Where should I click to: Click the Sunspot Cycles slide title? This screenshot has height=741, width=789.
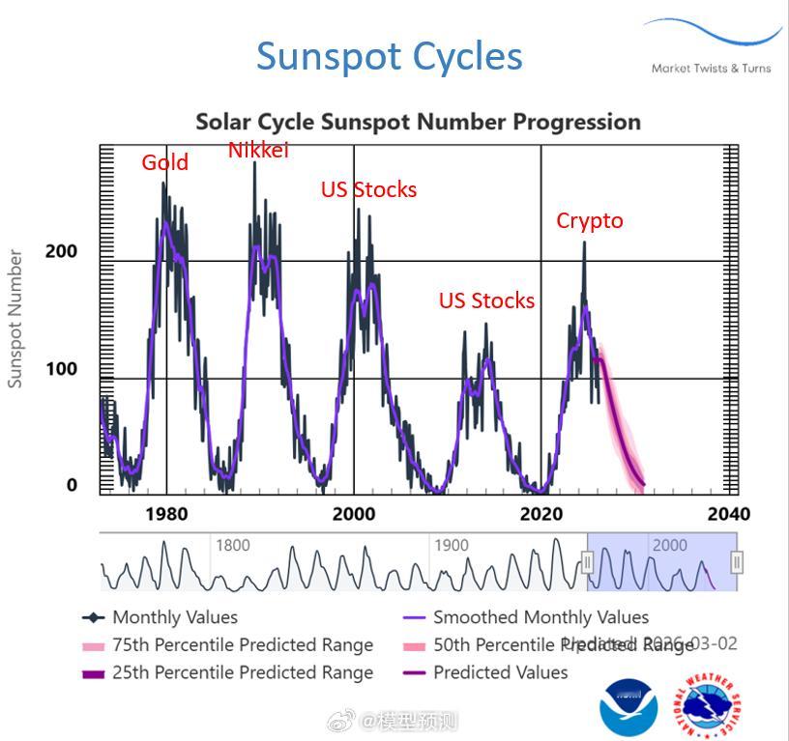(389, 56)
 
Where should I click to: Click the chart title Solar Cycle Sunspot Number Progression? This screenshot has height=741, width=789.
(418, 122)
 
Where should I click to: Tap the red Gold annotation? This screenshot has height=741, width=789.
(164, 162)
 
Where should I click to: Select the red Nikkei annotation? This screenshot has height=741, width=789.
(258, 150)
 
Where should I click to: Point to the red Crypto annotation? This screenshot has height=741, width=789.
(589, 220)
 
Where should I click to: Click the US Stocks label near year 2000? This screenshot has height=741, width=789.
(368, 189)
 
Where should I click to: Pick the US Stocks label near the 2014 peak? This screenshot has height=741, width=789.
(486, 300)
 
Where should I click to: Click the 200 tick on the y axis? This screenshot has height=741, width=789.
(61, 251)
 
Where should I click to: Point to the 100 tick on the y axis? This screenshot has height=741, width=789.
(61, 369)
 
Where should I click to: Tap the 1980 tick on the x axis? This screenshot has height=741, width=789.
(166, 514)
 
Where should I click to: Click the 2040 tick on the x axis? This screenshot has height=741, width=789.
(728, 514)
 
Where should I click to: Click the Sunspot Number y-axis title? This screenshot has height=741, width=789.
(15, 319)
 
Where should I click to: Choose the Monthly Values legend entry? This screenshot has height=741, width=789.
(174, 617)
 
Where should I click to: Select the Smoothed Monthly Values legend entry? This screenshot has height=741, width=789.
(541, 617)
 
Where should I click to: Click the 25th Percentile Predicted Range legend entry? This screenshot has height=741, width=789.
(242, 672)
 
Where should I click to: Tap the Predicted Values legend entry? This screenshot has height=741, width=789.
(500, 672)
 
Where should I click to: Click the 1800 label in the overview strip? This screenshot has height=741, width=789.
(232, 545)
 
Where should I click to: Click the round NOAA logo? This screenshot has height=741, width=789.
(628, 706)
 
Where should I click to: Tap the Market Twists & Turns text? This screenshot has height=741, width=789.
(711, 69)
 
